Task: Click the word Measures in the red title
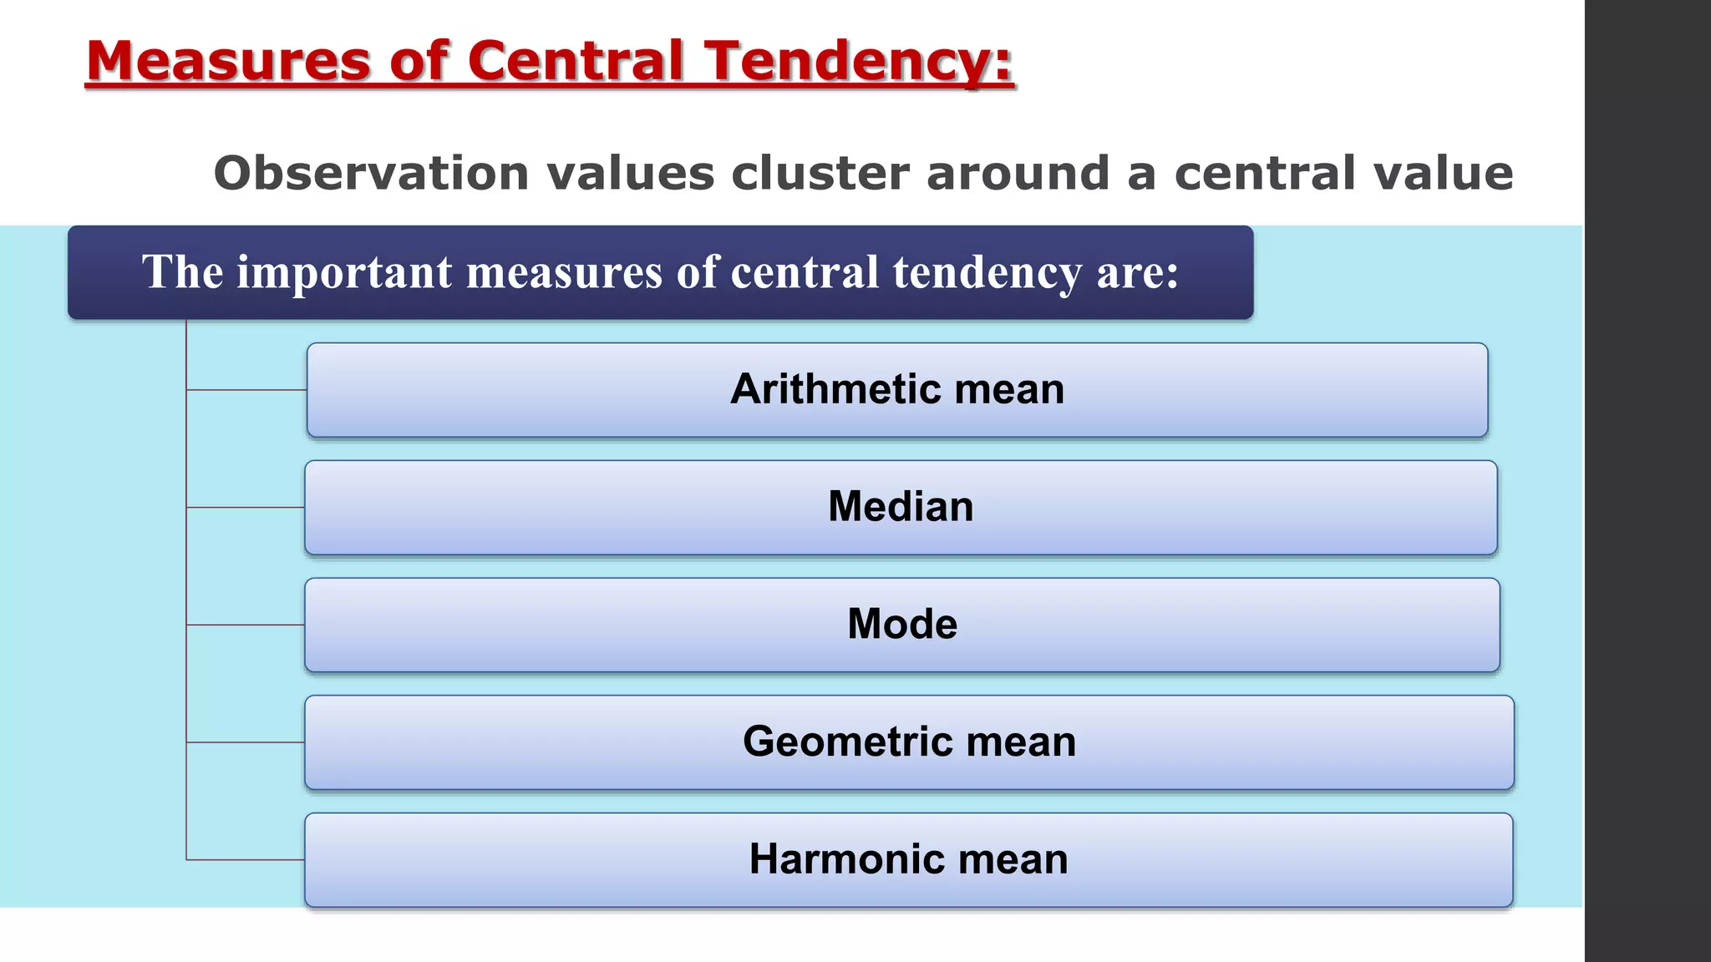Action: [228, 61]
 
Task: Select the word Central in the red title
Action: [576, 61]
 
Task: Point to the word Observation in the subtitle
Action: [371, 173]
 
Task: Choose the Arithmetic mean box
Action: [897, 390]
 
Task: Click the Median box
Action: [901, 507]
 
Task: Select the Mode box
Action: [902, 625]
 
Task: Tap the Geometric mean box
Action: [909, 742]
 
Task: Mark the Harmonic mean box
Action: [908, 859]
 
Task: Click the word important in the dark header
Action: [344, 272]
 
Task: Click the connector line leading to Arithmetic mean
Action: [246, 390]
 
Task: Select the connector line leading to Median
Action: [246, 507]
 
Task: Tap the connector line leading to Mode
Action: [246, 625]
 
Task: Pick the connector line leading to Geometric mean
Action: [246, 742]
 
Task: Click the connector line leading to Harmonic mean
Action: [246, 859]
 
